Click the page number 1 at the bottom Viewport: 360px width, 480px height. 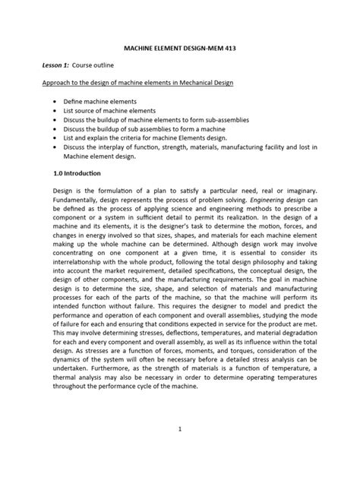point(180,430)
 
